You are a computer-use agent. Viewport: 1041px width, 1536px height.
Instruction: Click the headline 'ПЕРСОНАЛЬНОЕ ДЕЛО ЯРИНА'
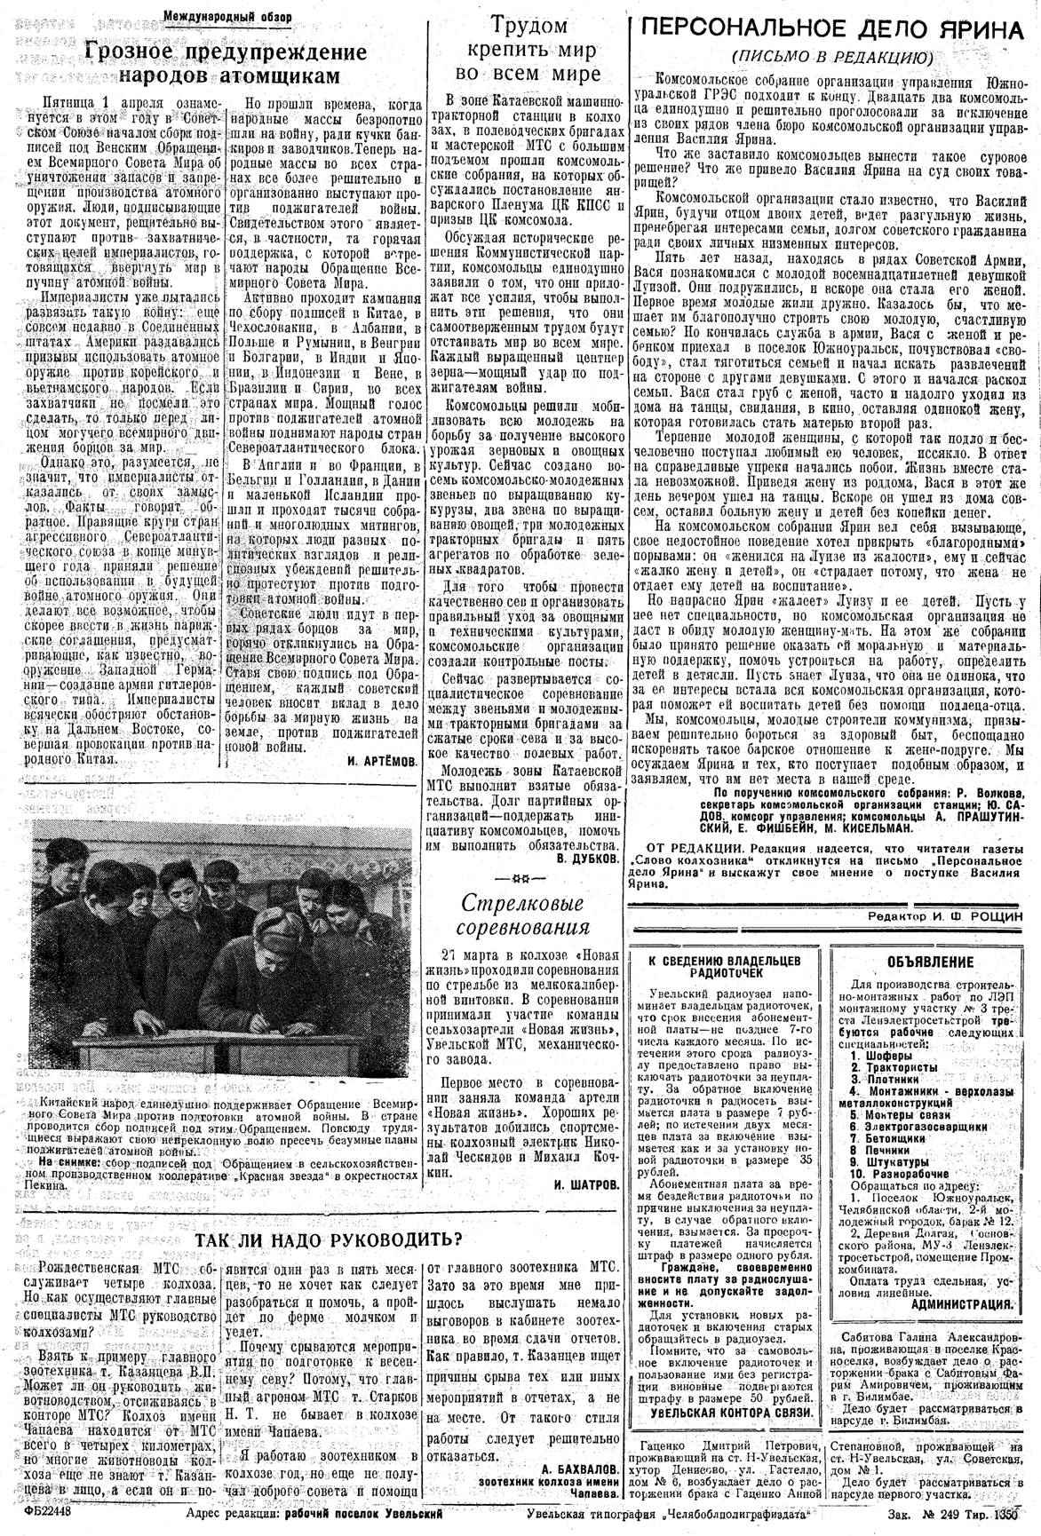point(834,29)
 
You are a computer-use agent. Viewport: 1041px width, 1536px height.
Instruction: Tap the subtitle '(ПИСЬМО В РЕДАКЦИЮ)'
point(832,57)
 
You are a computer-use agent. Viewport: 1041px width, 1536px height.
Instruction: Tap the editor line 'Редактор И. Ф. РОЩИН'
point(946,914)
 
